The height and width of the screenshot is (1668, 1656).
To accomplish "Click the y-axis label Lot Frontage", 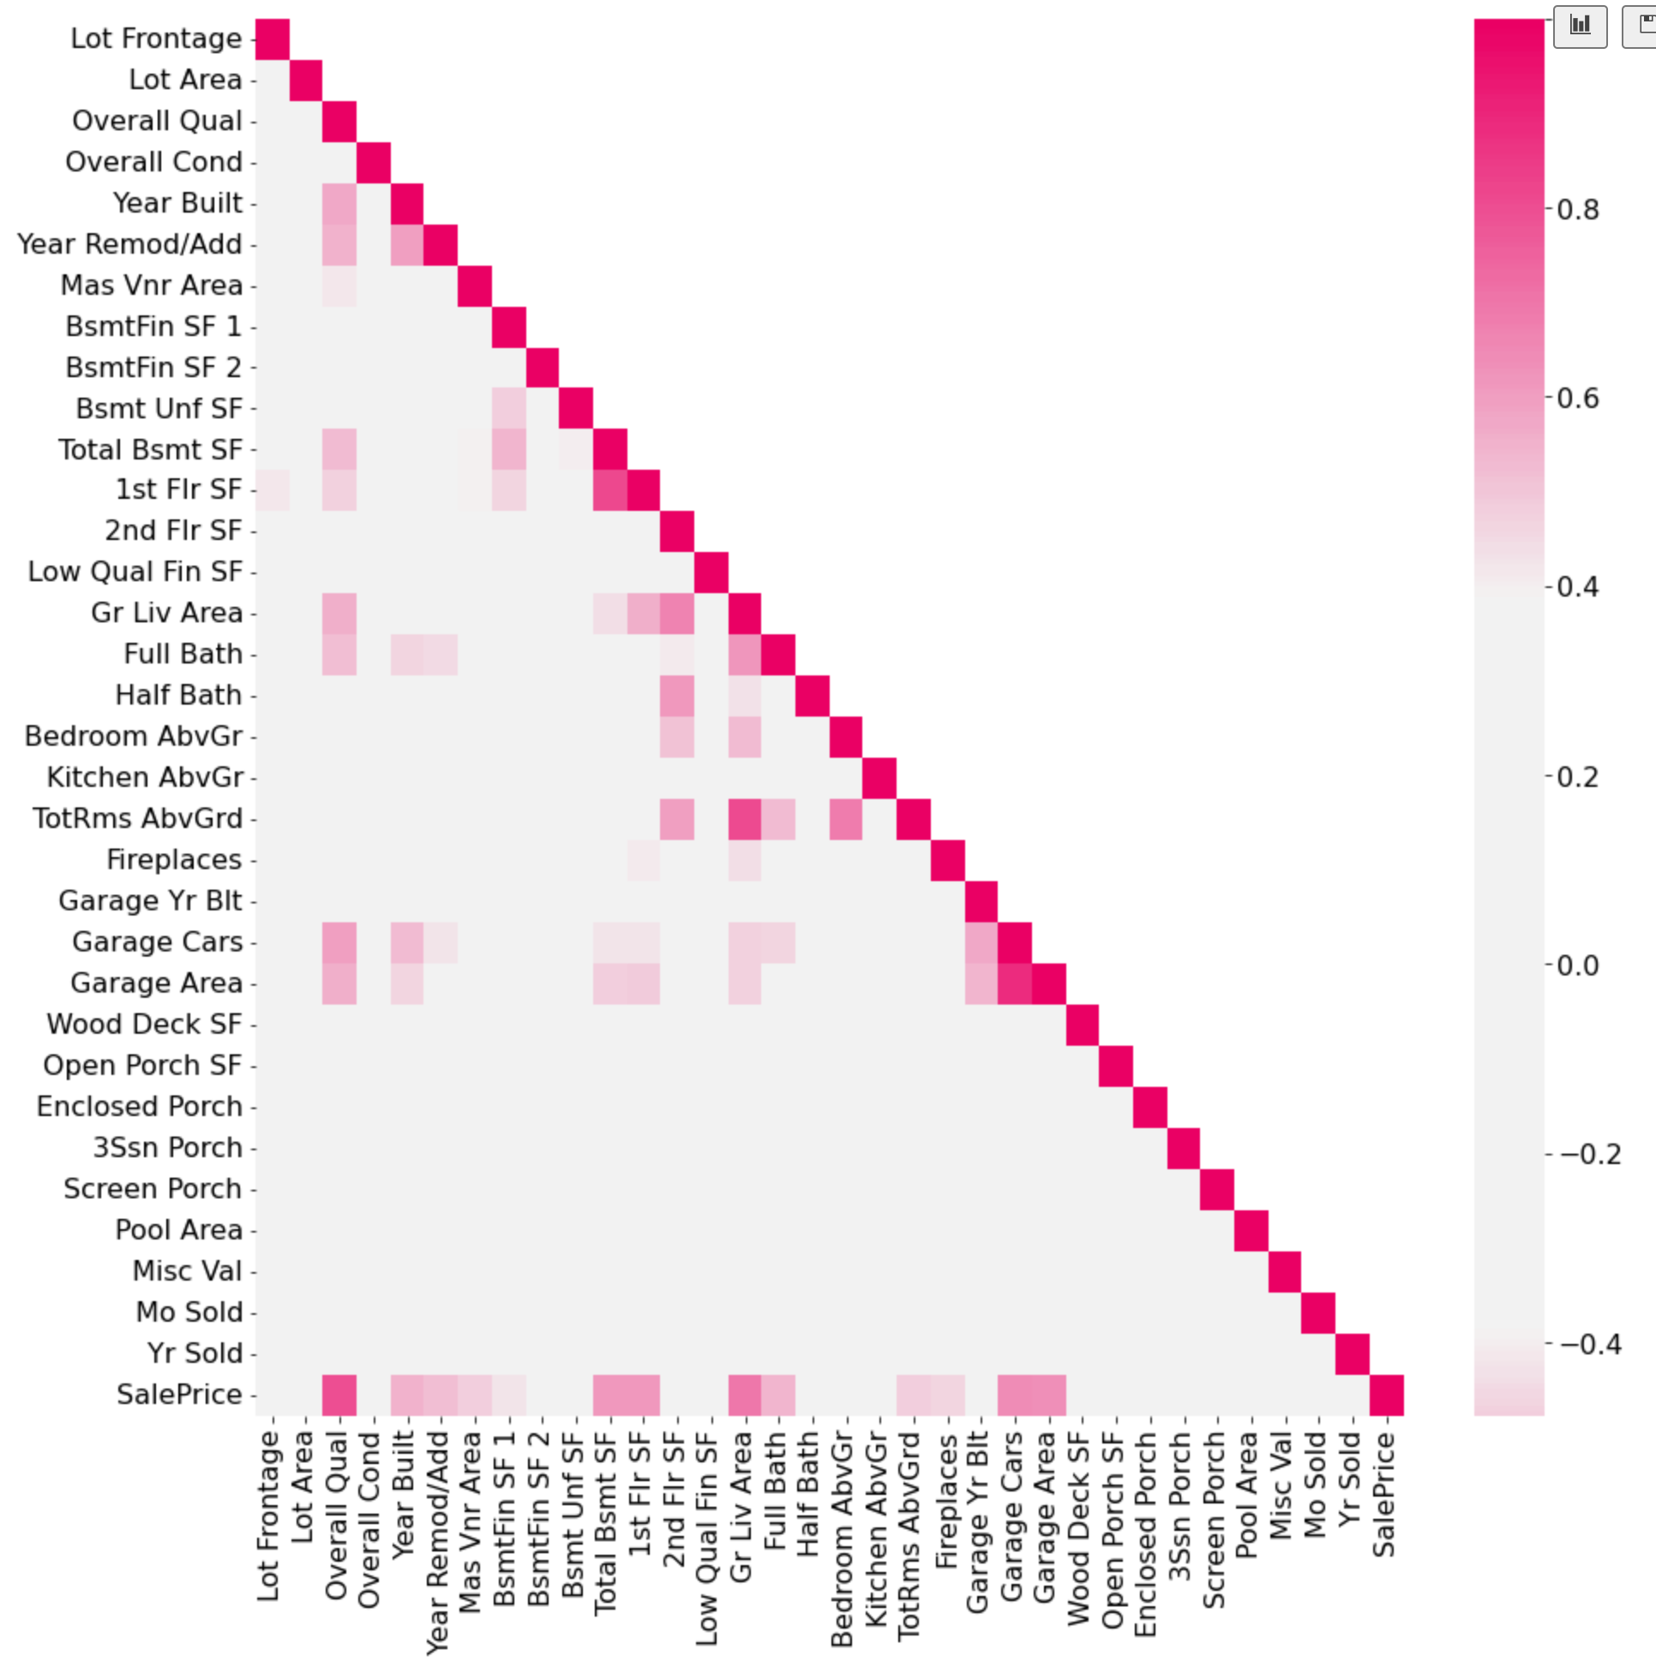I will (155, 39).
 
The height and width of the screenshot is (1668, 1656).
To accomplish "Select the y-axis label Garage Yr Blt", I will (150, 902).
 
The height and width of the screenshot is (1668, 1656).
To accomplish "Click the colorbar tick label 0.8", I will (1577, 210).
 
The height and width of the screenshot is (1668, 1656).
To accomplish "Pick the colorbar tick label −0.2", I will (1589, 1155).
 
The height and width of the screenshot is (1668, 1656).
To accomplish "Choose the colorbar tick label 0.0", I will (1577, 965).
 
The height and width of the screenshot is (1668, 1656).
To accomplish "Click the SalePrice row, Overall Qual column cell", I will (339, 1395).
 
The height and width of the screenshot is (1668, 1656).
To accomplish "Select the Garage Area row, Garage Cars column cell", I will (1015, 984).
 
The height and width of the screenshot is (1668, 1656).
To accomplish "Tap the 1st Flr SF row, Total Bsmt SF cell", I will (609, 490).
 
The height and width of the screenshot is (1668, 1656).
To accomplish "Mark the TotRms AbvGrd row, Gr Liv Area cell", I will (744, 819).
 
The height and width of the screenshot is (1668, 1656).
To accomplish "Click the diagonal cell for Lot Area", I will (306, 81).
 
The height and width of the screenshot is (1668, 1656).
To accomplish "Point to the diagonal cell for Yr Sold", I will (1352, 1353).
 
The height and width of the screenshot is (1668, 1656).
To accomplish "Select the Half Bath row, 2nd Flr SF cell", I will (677, 696).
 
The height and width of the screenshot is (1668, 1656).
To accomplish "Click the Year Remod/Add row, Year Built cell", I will (406, 245).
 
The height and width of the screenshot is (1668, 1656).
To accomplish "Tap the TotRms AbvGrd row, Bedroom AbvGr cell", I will (846, 819).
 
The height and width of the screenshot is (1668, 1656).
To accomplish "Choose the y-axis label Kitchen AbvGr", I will (144, 778).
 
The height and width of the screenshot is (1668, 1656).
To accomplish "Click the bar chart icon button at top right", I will (1580, 26).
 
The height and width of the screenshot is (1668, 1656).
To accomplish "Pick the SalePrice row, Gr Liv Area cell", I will (744, 1395).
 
